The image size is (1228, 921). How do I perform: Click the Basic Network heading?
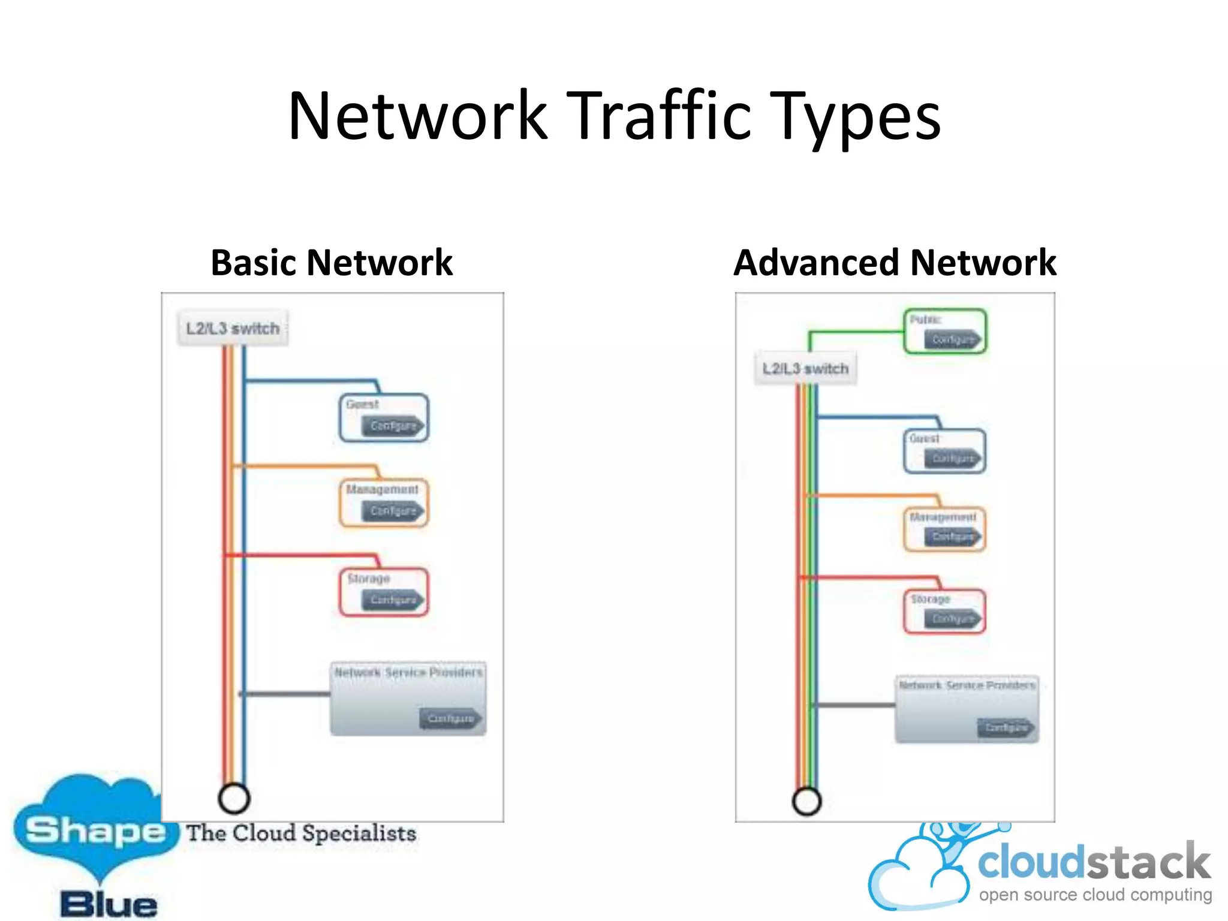pyautogui.click(x=332, y=263)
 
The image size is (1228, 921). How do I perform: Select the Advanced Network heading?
pyautogui.click(x=895, y=263)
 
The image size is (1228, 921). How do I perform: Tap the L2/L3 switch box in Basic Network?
pyautogui.click(x=233, y=329)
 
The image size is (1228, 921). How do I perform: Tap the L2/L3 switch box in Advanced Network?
pyautogui.click(x=805, y=368)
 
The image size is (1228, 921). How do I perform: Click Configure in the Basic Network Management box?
pyautogui.click(x=393, y=511)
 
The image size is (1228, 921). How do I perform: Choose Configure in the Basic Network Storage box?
pyautogui.click(x=393, y=600)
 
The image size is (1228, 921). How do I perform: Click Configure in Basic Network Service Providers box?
pyautogui.click(x=451, y=718)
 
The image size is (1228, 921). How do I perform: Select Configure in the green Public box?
pyautogui.click(x=953, y=340)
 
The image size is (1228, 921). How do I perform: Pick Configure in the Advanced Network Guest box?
pyautogui.click(x=953, y=459)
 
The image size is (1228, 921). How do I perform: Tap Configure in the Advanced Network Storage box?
pyautogui.click(x=953, y=619)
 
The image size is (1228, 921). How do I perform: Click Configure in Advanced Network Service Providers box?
pyautogui.click(x=1007, y=728)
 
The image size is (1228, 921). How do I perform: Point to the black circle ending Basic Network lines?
pyautogui.click(x=234, y=798)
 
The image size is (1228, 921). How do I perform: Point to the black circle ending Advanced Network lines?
pyautogui.click(x=806, y=801)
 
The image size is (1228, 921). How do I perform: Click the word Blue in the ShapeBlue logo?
pyautogui.click(x=109, y=904)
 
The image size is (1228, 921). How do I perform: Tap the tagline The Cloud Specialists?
pyautogui.click(x=301, y=833)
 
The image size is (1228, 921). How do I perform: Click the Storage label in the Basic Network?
pyautogui.click(x=369, y=579)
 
